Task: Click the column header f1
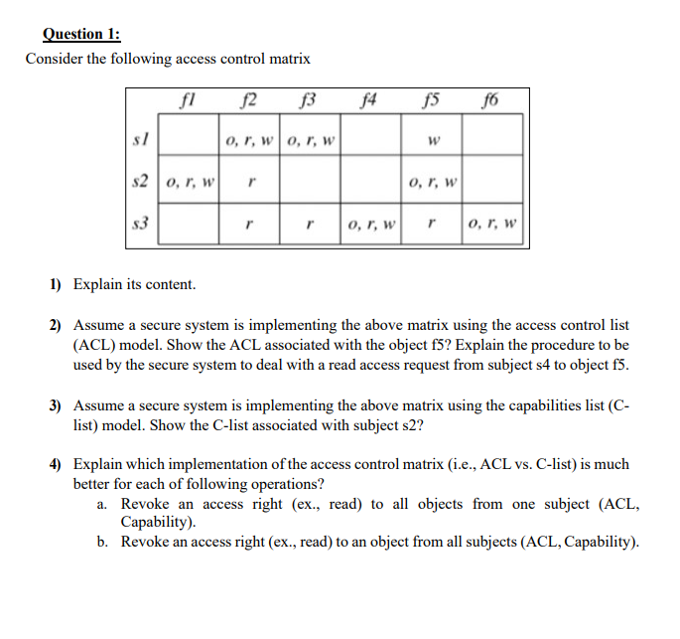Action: [x=190, y=98]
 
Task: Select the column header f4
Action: [x=370, y=98]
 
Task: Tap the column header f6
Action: [x=490, y=98]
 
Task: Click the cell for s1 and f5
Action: [x=432, y=139]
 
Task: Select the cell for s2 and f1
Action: [x=189, y=182]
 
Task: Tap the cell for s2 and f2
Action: [x=250, y=182]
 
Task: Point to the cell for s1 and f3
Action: [x=311, y=139]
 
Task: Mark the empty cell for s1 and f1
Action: [x=189, y=137]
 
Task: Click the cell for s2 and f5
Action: [x=432, y=182]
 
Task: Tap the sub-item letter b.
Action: [x=102, y=542]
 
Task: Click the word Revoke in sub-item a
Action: [x=146, y=504]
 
